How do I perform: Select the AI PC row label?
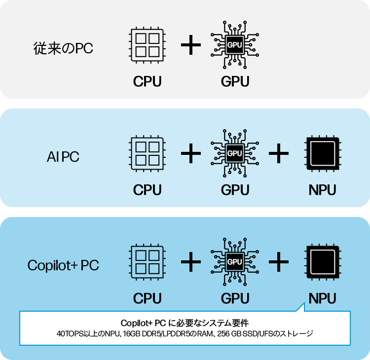pos(63,157)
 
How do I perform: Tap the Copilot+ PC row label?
pos(63,265)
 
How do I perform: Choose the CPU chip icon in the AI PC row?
pos(147,153)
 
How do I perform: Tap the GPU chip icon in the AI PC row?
pos(235,153)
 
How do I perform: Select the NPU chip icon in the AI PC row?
pos(323,153)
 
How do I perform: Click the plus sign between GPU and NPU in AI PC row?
pos(279,154)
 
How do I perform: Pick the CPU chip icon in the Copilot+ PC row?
pos(147,261)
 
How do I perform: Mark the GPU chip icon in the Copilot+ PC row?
pos(235,261)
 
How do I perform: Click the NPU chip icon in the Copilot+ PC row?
pos(323,261)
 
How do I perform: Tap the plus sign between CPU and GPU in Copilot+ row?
pos(191,262)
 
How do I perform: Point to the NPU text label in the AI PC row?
pos(323,190)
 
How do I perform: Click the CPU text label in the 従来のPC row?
pos(147,81)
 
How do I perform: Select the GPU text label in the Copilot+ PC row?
pos(235,298)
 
